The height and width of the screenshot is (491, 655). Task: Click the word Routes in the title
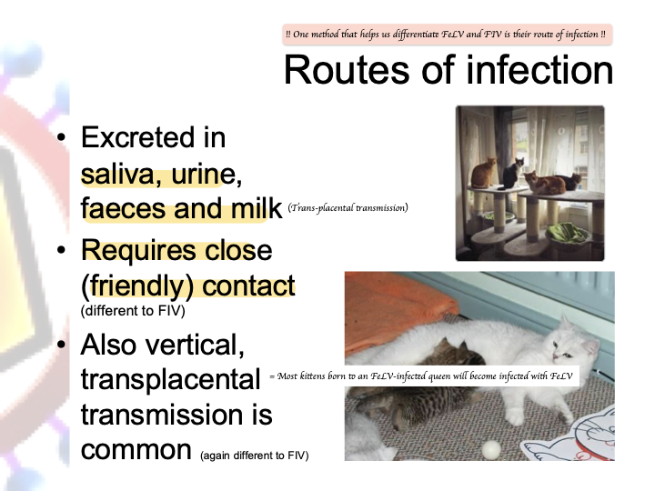347,70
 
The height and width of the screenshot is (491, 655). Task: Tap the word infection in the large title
539,70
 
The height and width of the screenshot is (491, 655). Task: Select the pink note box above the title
447,35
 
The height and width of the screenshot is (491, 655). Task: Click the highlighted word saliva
117,174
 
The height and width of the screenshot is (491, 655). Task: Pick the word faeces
124,209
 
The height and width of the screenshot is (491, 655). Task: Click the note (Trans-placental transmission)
348,207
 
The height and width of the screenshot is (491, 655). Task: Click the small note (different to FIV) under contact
133,311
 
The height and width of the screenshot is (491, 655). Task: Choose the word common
136,450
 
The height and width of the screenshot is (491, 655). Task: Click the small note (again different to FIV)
255,456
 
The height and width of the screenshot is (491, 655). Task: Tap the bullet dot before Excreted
62,137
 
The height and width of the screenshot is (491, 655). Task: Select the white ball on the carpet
491,450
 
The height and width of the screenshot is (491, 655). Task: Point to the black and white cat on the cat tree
511,174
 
